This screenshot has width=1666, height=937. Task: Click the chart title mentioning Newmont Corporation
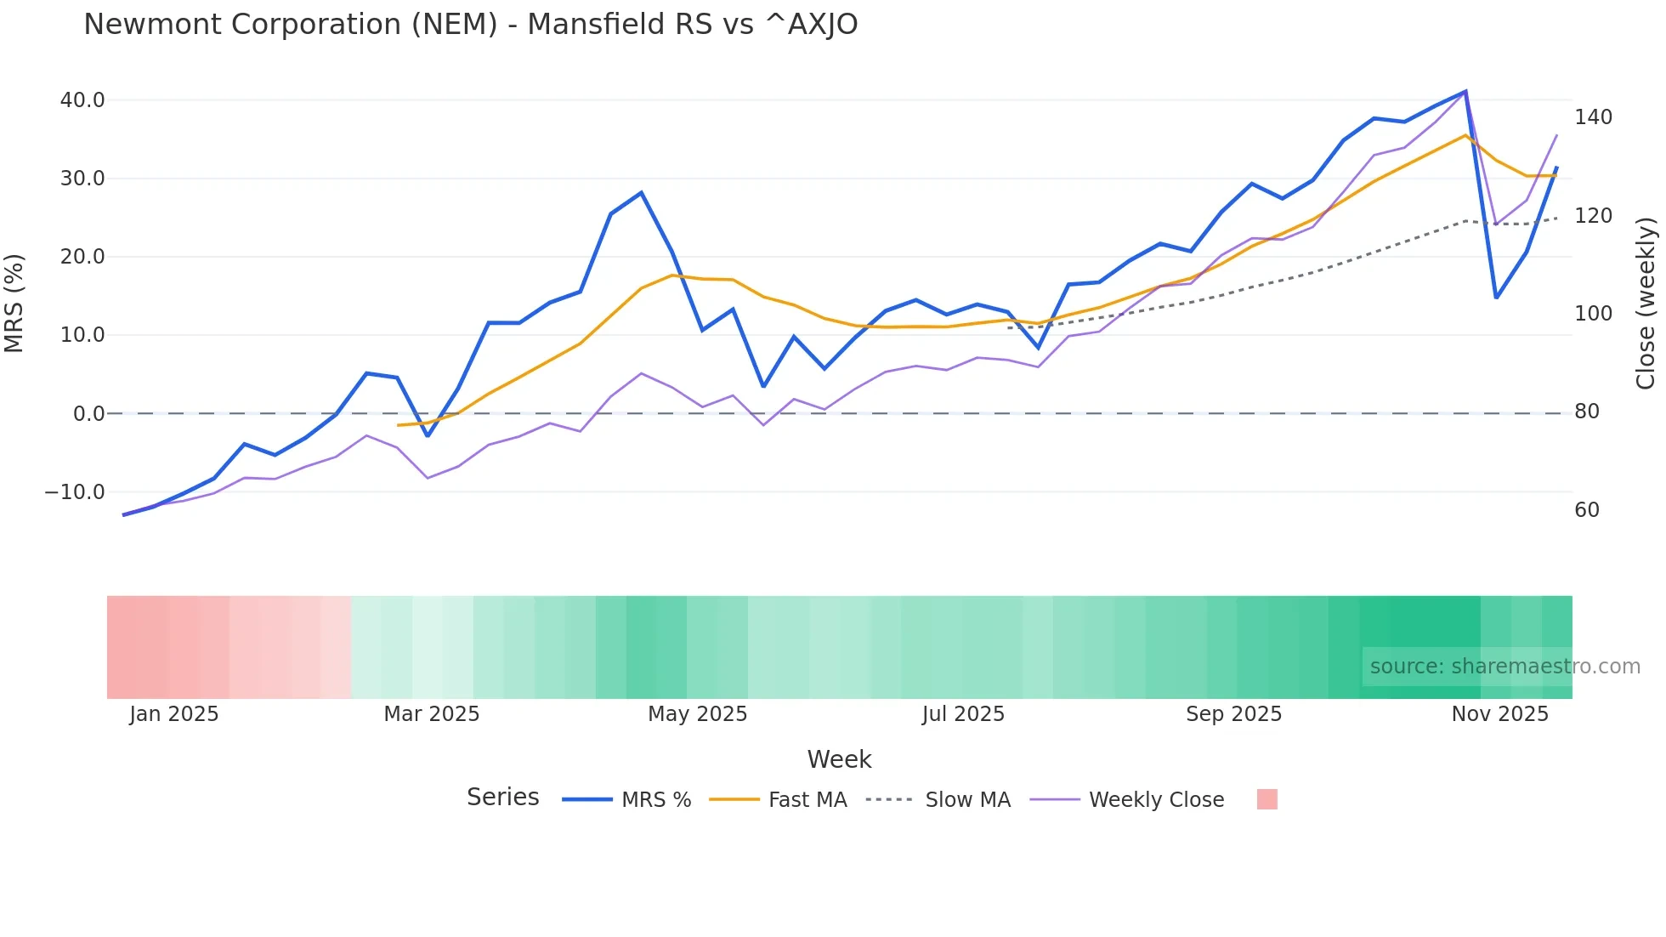470,25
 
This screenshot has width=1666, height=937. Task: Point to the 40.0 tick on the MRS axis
82,100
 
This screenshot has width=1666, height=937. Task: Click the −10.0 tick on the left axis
75,492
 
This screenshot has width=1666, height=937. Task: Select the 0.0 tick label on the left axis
88,414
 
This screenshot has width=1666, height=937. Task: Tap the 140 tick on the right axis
1593,117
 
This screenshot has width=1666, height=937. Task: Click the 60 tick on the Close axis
1587,510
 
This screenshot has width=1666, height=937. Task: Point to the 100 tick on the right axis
1593,314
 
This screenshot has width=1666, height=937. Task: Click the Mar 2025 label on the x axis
431,714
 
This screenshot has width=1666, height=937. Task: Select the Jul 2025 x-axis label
963,714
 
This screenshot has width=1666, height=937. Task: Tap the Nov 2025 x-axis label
1499,714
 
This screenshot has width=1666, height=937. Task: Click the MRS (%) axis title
14,303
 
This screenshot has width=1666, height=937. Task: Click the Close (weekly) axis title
1646,303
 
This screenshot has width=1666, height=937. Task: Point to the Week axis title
839,759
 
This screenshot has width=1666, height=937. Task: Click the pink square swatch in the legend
1266,799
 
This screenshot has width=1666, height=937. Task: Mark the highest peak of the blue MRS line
1465,91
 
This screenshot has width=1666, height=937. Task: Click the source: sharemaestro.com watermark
1504,667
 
